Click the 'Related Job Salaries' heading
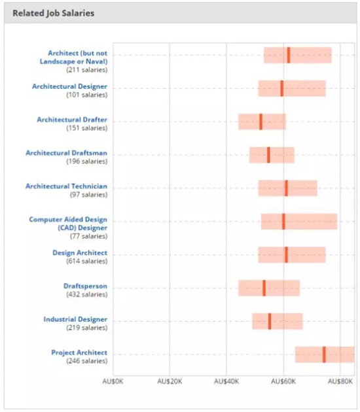point(54,13)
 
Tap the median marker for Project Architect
point(324,354)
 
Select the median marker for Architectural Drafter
point(261,122)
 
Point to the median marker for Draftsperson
point(264,288)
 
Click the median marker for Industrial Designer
point(270,321)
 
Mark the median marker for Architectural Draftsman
point(268,155)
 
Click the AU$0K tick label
point(113,381)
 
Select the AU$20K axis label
point(170,381)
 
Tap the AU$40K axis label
point(226,381)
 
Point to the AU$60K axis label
point(283,381)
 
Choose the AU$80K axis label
point(340,381)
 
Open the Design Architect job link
point(80,253)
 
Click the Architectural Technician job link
point(67,186)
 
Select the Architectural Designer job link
point(69,86)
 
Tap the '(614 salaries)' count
point(87,261)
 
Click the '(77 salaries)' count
point(88,236)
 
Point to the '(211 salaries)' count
point(87,70)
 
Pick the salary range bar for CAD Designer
point(299,222)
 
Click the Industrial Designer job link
point(75,319)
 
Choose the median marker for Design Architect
point(287,255)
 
